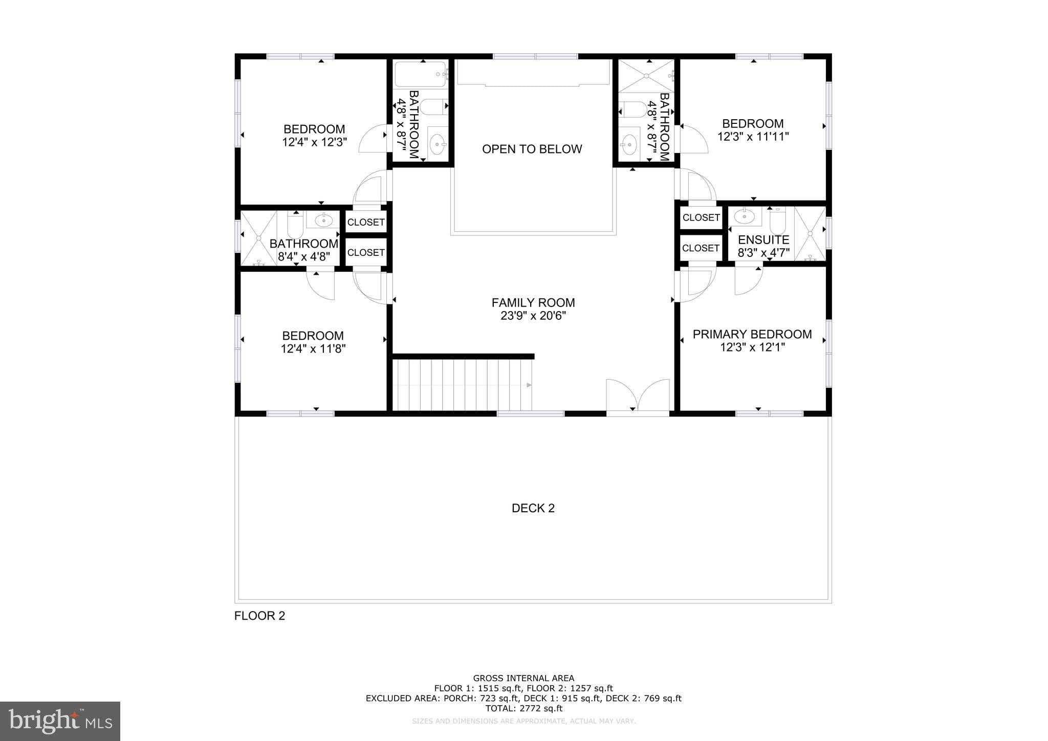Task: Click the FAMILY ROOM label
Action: pyautogui.click(x=533, y=302)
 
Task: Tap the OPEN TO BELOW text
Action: pyautogui.click(x=532, y=149)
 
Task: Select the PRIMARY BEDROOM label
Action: pyautogui.click(x=752, y=334)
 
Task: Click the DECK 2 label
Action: pyautogui.click(x=533, y=508)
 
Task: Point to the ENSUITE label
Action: pyautogui.click(x=763, y=239)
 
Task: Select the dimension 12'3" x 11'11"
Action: pyautogui.click(x=753, y=137)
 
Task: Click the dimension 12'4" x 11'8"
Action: pyautogui.click(x=313, y=349)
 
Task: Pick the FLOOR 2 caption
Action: pyautogui.click(x=259, y=616)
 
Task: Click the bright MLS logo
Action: pyautogui.click(x=60, y=721)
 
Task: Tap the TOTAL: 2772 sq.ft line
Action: pyautogui.click(x=523, y=708)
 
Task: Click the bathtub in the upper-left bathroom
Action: pyautogui.click(x=421, y=75)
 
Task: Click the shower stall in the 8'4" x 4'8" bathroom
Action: pyautogui.click(x=258, y=238)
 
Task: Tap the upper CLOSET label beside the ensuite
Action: pyautogui.click(x=701, y=217)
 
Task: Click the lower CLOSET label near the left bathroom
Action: pyautogui.click(x=366, y=252)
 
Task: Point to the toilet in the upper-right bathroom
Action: pyautogui.click(x=632, y=109)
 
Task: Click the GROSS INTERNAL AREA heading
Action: pyautogui.click(x=523, y=679)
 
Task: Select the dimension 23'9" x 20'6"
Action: pyautogui.click(x=533, y=316)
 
